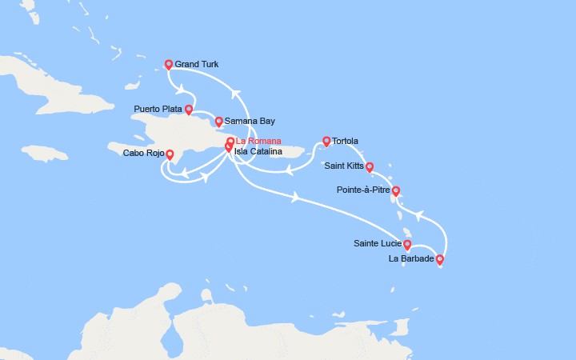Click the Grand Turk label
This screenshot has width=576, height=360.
point(196,65)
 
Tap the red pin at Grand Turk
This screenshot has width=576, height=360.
point(169,66)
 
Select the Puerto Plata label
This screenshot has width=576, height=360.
point(158,108)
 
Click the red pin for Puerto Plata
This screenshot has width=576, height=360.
point(189,110)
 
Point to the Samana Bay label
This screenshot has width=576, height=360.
point(250,122)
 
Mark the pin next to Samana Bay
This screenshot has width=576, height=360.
point(218,122)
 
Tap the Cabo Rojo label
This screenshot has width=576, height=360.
point(144,153)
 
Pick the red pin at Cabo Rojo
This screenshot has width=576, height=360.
point(170,154)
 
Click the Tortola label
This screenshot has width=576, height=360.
point(345,141)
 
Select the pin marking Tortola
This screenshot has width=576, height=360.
point(326,142)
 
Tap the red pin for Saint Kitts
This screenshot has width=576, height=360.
point(370,167)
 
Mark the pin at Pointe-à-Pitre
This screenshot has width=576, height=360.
point(395,191)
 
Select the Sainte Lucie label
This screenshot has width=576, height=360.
point(377,243)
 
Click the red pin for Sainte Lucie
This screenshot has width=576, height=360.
point(407,245)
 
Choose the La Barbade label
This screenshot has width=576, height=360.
point(411,258)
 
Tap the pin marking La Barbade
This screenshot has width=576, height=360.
point(439,258)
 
